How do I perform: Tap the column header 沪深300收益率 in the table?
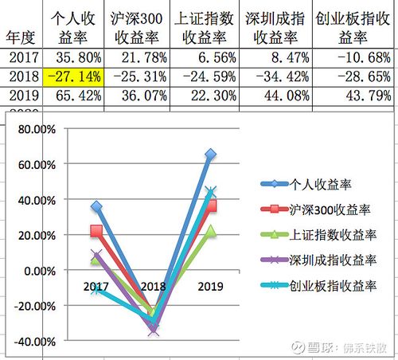135,28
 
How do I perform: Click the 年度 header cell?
21,37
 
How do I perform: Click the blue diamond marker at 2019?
211,154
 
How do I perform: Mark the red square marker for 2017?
96,231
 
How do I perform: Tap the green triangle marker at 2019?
211,230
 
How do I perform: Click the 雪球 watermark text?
318,348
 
